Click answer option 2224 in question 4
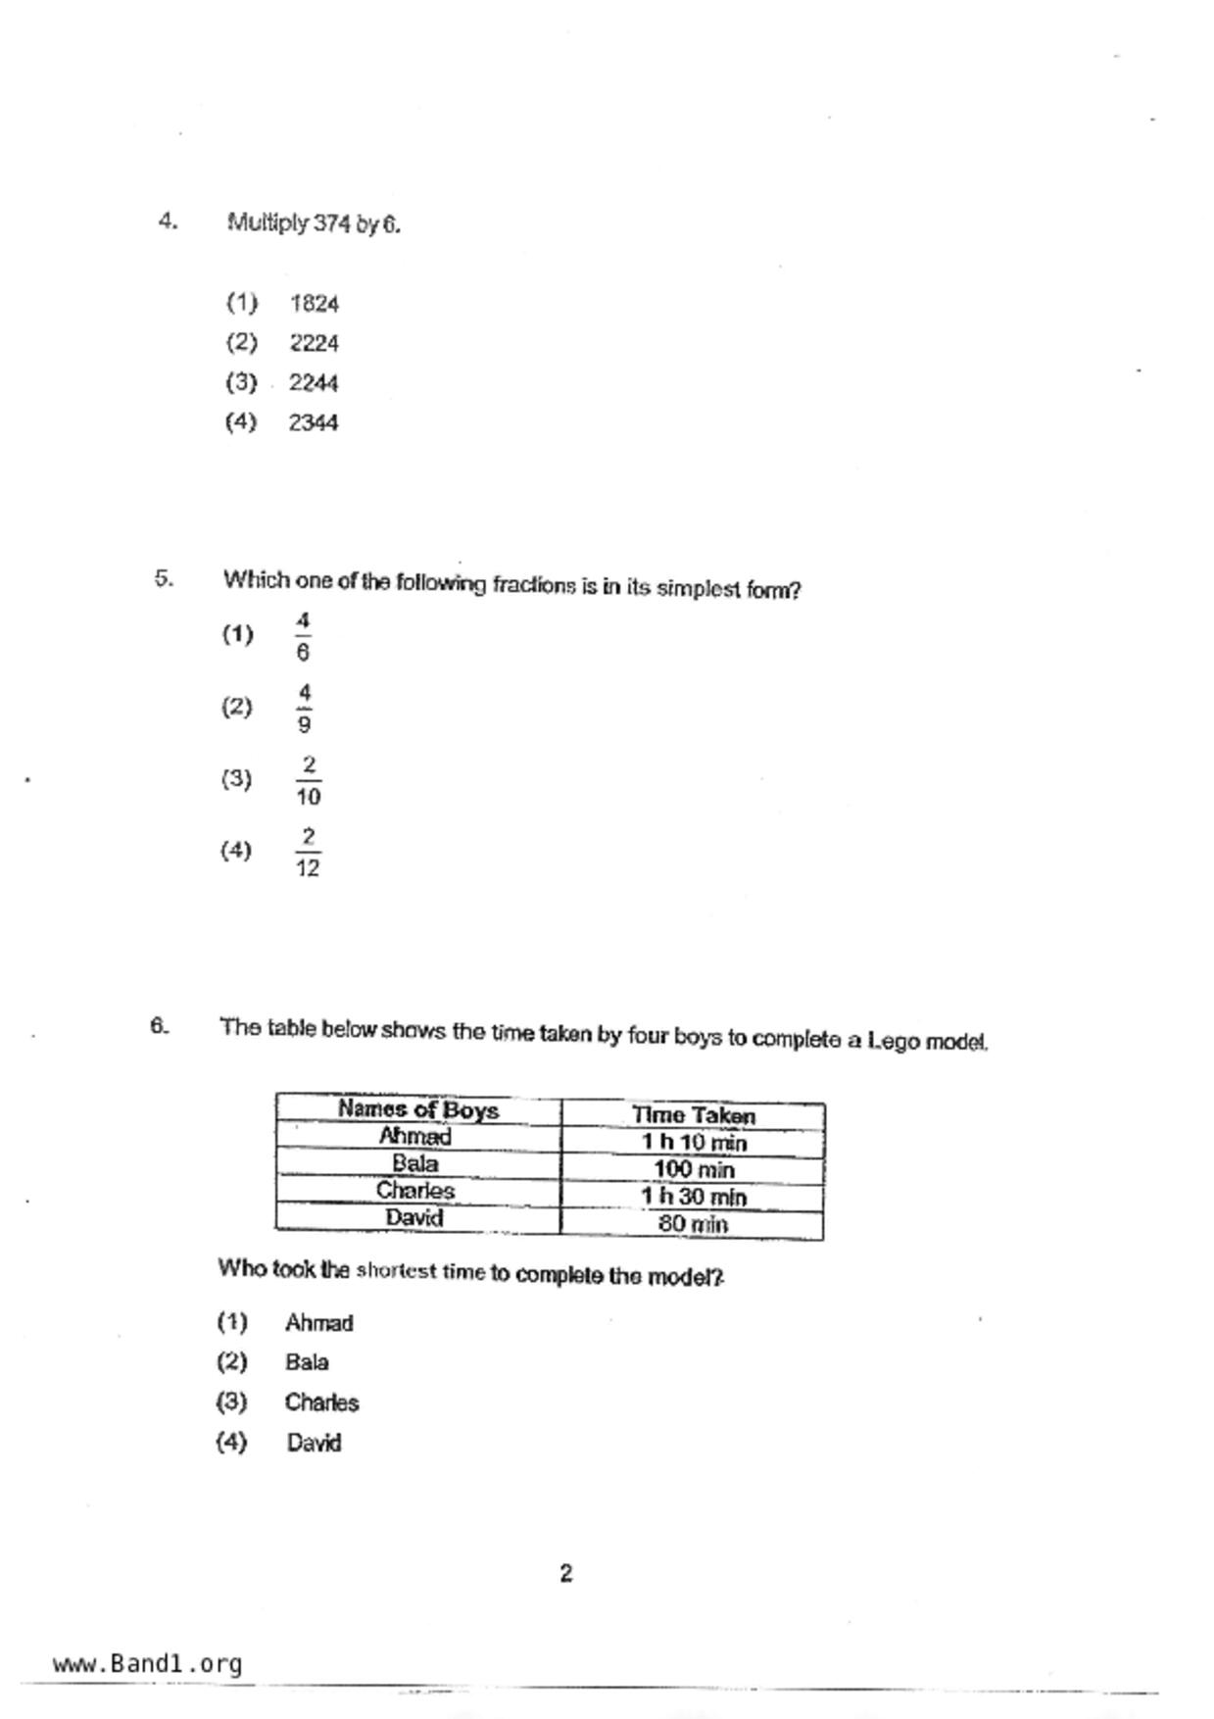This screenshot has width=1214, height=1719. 314,344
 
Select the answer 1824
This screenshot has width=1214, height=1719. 314,304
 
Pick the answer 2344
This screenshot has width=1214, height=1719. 314,423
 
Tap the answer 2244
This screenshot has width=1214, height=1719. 314,383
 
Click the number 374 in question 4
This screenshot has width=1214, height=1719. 332,224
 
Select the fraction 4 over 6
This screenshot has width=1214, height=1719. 303,636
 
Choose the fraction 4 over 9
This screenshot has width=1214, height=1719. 304,709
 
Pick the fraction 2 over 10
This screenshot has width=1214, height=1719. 308,781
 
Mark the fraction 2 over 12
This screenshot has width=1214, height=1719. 308,852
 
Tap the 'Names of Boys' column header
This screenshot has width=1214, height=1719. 418,1110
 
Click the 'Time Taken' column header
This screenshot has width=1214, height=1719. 693,1115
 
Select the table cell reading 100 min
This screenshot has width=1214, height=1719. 693,1169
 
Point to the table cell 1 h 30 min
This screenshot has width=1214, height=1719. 693,1197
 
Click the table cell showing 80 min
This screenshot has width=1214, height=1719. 693,1224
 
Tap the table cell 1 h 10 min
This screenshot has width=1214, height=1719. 693,1143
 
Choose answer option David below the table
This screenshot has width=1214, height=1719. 314,1444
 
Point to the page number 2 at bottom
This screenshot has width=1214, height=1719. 566,1574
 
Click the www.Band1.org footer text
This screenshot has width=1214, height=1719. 147,1664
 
